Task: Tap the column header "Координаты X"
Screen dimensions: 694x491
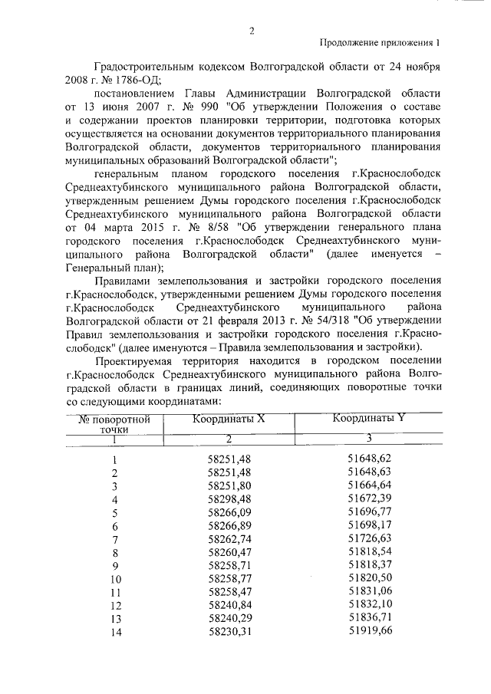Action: [x=229, y=419]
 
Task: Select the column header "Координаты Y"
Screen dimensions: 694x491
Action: [x=369, y=419]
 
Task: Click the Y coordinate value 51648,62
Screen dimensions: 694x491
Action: [x=370, y=458]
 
